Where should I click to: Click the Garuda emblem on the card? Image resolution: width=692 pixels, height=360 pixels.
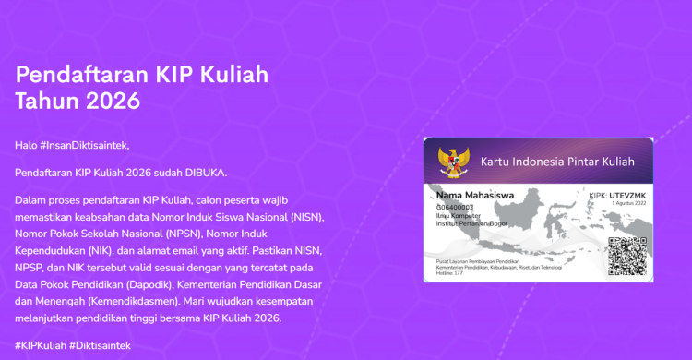(453, 161)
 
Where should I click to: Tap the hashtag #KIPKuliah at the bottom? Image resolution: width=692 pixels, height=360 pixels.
(40, 344)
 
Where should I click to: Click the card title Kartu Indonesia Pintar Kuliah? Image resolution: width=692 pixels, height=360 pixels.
(558, 162)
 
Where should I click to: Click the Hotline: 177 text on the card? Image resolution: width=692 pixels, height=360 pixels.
(451, 275)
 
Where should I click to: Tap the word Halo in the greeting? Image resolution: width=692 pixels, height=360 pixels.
(26, 145)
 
